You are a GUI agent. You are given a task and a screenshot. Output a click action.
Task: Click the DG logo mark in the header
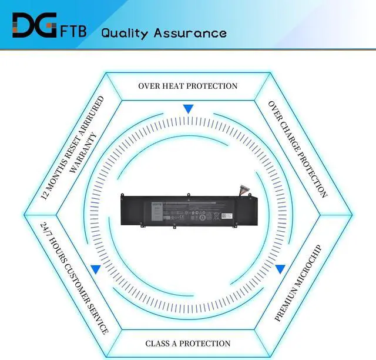(34, 26)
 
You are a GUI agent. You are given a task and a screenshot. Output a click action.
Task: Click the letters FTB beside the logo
(73, 30)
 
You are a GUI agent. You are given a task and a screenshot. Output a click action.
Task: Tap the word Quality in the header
(125, 32)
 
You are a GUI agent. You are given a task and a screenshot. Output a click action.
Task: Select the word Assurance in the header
(190, 32)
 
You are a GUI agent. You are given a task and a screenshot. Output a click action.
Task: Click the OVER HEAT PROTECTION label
(188, 86)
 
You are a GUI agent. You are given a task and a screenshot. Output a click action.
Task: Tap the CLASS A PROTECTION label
(188, 343)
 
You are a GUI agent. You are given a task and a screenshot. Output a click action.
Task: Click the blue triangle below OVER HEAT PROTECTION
(188, 109)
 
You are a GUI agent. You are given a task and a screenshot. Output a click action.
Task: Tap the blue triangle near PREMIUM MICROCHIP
(280, 269)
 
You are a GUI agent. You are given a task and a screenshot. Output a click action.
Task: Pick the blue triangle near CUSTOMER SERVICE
(95, 269)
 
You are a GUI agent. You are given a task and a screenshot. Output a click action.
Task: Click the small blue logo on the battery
(156, 204)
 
